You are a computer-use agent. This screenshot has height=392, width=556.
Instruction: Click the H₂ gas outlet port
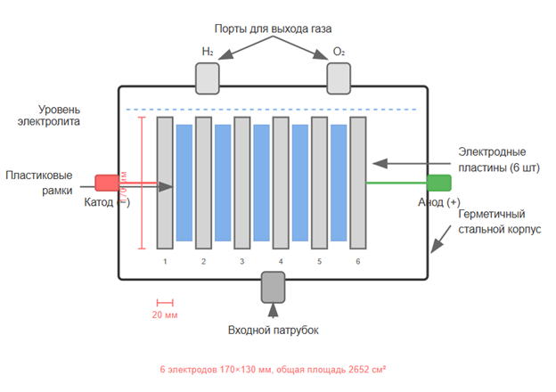(x=207, y=79)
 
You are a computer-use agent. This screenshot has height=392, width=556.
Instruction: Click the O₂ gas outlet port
(x=339, y=79)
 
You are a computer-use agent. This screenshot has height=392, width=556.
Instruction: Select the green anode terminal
(x=438, y=183)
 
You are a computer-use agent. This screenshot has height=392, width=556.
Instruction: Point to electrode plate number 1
(x=165, y=182)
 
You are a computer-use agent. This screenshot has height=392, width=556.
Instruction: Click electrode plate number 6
(x=358, y=182)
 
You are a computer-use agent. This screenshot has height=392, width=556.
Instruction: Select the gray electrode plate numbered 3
(x=241, y=182)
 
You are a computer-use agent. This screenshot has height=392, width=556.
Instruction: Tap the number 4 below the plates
(x=281, y=262)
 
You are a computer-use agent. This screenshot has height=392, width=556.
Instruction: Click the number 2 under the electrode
(x=203, y=262)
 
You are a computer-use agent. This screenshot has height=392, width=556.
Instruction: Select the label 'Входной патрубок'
(x=273, y=331)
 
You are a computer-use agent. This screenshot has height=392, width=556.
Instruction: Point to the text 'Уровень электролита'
(x=53, y=115)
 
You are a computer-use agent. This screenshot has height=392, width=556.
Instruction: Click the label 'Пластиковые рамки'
(x=39, y=183)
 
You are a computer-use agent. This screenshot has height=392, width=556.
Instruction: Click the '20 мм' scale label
(x=164, y=315)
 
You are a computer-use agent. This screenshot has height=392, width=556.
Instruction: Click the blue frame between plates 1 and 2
(x=184, y=183)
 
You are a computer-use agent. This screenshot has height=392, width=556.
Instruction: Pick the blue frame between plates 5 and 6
(x=339, y=183)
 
